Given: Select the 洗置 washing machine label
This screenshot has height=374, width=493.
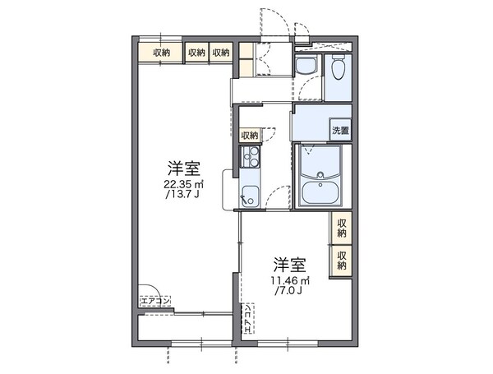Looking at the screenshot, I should tap(340, 131).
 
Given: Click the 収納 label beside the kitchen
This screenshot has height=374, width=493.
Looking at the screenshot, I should tap(250, 135).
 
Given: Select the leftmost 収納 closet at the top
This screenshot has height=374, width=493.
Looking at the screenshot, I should tap(161, 53).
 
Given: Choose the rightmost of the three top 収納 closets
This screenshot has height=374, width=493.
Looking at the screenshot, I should tap(222, 53).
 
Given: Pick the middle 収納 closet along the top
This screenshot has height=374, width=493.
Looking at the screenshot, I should tap(197, 53).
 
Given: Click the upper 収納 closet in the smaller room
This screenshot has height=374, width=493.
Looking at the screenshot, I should tap(342, 228).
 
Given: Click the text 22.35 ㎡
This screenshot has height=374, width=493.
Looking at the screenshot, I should tap(183, 185).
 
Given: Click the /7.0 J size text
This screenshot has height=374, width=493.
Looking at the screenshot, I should tap(288, 290).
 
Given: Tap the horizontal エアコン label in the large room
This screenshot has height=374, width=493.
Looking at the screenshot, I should tap(154, 302).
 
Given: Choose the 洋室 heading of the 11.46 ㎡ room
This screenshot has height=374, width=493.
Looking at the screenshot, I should tap(289, 265).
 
